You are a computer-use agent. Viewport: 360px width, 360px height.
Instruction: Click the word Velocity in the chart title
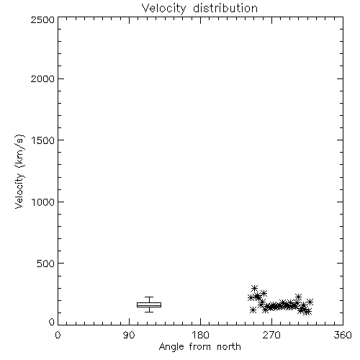click(x=164, y=9)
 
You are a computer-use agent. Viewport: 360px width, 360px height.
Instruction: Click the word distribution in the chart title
click(x=225, y=8)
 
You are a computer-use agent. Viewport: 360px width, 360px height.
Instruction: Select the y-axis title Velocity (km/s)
click(x=19, y=171)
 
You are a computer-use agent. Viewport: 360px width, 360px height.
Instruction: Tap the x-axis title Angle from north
click(x=200, y=346)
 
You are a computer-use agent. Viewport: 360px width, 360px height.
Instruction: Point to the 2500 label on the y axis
click(x=42, y=19)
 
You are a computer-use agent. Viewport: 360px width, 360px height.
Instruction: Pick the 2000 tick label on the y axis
click(x=42, y=78)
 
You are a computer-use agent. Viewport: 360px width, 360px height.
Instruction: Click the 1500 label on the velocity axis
click(x=43, y=140)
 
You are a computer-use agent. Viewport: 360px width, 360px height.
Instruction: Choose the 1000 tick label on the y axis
click(x=43, y=202)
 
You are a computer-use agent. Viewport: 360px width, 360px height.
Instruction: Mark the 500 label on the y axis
click(x=46, y=264)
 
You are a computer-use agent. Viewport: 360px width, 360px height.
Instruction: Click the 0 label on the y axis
click(x=52, y=322)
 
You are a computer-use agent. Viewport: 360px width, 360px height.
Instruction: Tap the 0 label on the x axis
click(x=58, y=335)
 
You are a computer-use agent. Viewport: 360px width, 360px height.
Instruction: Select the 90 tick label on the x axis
click(x=129, y=335)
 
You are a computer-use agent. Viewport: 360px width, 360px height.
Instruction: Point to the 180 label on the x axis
click(x=200, y=335)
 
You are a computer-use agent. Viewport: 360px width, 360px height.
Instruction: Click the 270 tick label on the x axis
click(x=271, y=335)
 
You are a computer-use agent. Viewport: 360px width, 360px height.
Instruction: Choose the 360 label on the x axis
click(x=343, y=335)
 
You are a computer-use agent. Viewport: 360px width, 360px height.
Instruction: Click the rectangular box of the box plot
click(x=149, y=305)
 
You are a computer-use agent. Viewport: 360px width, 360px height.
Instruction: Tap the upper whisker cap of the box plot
click(x=149, y=297)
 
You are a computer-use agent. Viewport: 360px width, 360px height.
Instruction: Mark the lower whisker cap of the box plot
click(x=149, y=312)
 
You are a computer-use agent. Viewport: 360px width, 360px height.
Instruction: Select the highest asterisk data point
click(x=254, y=288)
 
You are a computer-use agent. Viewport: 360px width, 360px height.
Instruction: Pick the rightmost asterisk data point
click(x=310, y=302)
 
